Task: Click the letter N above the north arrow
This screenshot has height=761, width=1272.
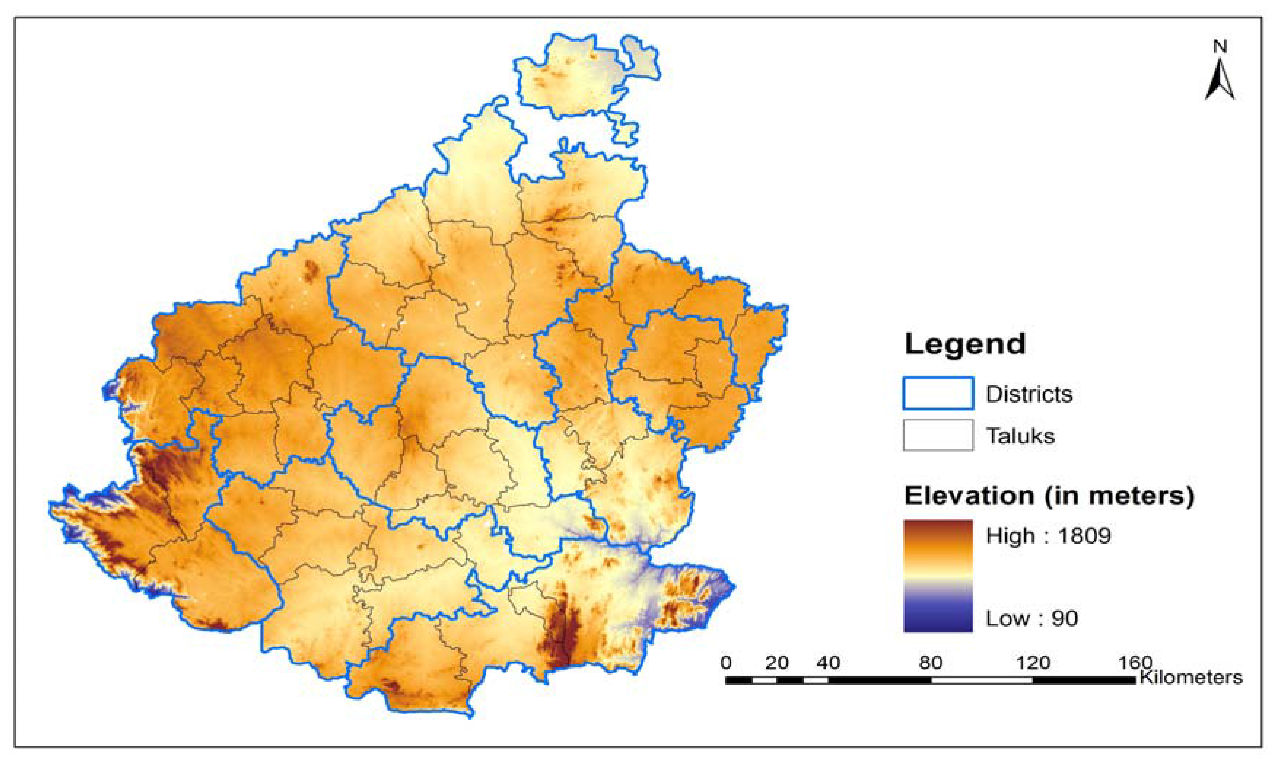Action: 1220,47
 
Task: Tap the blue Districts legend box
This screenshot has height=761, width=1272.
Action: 937,393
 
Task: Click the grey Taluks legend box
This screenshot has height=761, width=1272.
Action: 937,435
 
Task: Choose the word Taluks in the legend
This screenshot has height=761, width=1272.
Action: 1020,436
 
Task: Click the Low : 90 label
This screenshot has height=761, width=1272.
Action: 1031,619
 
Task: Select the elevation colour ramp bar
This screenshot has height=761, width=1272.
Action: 937,576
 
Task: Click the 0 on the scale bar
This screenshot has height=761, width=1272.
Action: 726,663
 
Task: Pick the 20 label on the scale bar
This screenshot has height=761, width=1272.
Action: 776,663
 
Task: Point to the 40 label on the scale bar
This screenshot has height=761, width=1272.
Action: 828,663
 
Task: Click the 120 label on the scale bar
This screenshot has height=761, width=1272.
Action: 1032,663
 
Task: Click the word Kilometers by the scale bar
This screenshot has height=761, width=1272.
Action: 1190,678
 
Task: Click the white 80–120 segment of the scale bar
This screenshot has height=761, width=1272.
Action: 981,680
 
